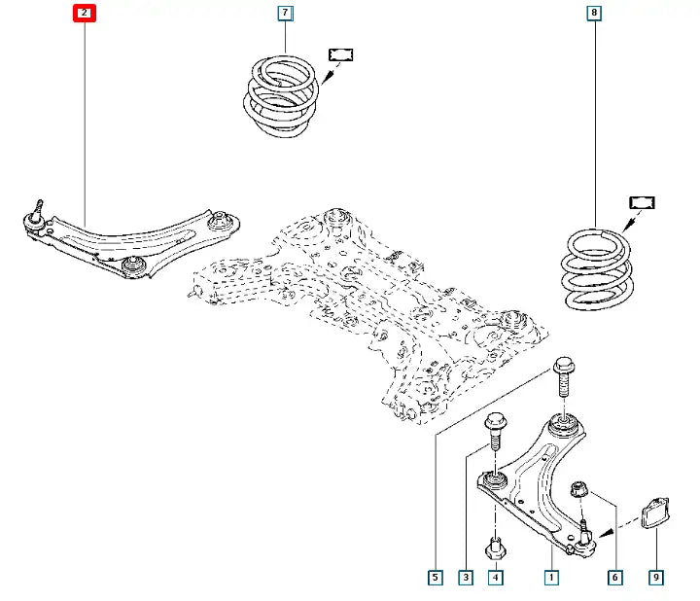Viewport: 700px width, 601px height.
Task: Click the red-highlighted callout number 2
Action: point(85,14)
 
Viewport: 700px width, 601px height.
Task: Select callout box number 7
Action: point(285,14)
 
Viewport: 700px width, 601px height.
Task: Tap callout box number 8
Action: point(594,14)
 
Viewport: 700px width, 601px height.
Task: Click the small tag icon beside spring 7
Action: point(340,53)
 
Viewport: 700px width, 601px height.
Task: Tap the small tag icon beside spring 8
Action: point(642,202)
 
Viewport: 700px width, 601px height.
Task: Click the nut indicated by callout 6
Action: point(578,488)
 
